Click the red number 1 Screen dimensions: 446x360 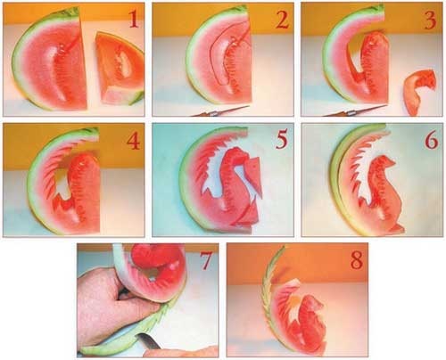[133, 20]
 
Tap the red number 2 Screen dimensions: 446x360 [282, 20]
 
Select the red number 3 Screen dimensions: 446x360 [430, 20]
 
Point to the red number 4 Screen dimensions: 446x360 [134, 141]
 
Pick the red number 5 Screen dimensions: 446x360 [282, 140]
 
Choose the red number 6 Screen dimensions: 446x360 [431, 140]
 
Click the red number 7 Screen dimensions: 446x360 [206, 261]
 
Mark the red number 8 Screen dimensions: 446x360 [357, 260]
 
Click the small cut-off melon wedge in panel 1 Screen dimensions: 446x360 [120, 69]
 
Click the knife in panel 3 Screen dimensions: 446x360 [355, 111]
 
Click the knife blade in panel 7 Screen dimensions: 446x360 [149, 341]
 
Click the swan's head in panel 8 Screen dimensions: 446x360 [314, 302]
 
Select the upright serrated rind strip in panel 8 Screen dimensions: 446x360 [271, 297]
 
